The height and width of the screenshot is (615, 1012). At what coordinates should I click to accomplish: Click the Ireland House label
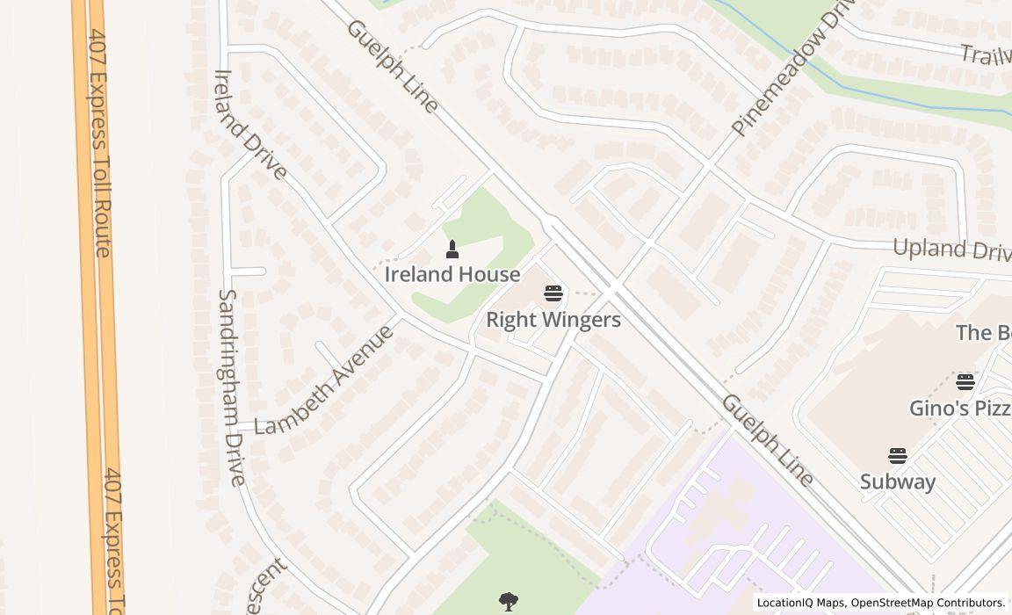452,275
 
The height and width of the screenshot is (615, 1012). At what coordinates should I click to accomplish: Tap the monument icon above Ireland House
452,250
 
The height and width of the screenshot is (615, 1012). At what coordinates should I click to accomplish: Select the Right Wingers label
553,320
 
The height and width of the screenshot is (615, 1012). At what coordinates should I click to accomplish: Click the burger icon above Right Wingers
553,293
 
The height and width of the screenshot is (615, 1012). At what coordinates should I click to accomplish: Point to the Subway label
897,481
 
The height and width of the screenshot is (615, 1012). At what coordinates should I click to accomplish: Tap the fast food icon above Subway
897,456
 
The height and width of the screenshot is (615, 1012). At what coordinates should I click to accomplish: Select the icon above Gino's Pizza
965,382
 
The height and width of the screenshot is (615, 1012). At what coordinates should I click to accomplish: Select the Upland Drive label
951,250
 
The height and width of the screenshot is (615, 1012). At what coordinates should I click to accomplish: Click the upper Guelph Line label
392,66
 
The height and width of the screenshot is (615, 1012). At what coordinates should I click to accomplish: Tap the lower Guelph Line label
767,440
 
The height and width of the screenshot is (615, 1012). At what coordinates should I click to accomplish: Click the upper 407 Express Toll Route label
98,141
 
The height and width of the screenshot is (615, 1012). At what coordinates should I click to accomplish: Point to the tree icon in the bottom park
508,602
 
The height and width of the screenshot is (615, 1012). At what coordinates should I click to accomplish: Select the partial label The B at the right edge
983,333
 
